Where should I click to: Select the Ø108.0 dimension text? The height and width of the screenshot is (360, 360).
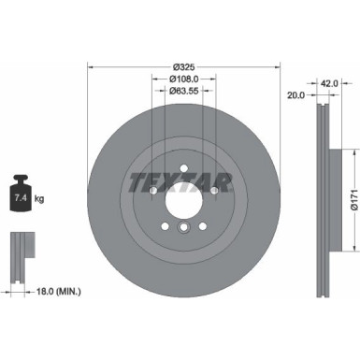(x=182, y=79)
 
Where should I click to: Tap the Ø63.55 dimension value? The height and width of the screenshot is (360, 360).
(x=182, y=91)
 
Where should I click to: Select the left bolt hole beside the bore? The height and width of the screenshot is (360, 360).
(x=152, y=192)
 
